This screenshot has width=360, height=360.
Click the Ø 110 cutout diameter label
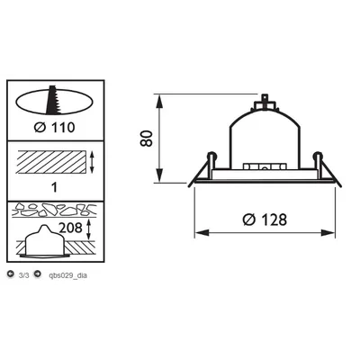(x=54, y=128)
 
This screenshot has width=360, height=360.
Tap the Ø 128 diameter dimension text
(x=265, y=220)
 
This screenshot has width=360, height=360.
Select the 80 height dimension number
(x=147, y=139)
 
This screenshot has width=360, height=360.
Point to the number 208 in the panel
(x=70, y=228)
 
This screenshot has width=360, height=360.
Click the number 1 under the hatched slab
(x=54, y=188)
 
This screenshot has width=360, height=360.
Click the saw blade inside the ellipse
(x=53, y=100)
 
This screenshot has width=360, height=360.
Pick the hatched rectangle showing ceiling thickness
(x=51, y=162)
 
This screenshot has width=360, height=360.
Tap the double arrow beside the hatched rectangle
(x=92, y=162)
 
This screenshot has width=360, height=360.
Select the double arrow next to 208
(x=88, y=229)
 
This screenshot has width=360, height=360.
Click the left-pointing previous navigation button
(x=11, y=274)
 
